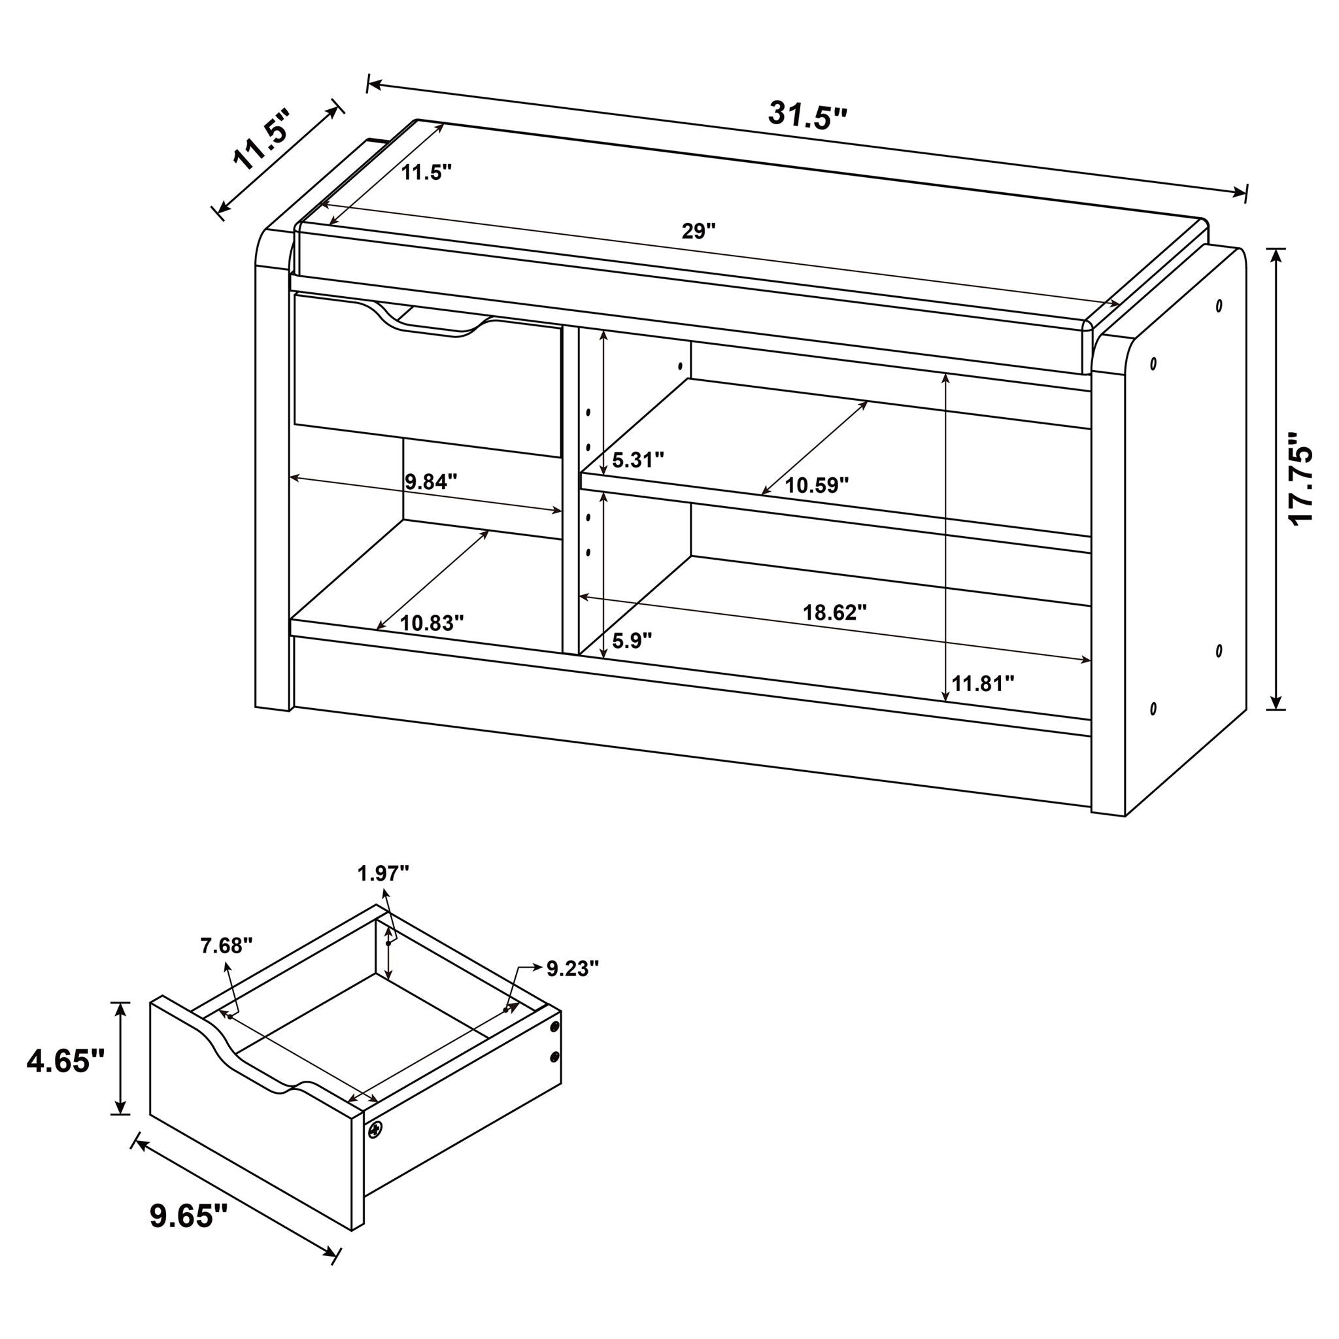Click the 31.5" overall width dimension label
point(807,115)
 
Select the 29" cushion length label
point(698,231)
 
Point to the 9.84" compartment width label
point(431,481)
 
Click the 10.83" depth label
point(431,623)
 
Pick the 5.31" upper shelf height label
point(637,460)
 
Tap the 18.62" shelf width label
point(834,612)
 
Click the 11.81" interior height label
point(982,684)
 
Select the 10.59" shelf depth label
point(817,485)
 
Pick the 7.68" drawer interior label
point(227,945)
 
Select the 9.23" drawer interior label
point(573,968)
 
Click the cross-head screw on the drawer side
point(375,1131)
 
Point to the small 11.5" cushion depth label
point(426,173)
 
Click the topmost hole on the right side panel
point(1219,305)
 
